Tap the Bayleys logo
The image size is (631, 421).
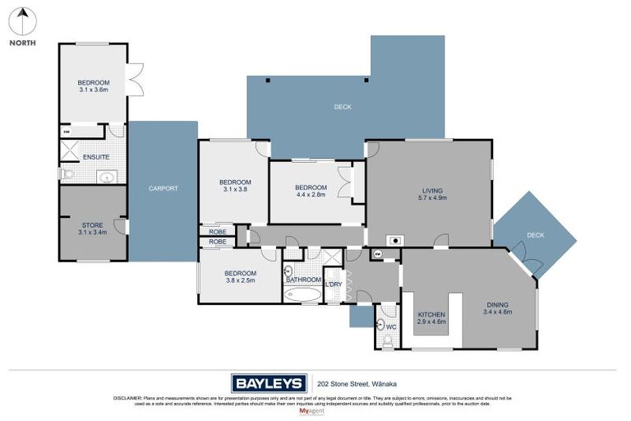point(268,382)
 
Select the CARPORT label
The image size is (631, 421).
point(163,188)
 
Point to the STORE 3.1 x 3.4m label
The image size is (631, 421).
point(92,229)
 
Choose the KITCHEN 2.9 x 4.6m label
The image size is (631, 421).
point(431,317)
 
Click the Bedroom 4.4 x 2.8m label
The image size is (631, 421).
point(311,191)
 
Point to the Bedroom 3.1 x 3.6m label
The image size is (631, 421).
point(93,86)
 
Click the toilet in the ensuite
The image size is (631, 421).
point(67,174)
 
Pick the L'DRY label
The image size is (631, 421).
point(333,285)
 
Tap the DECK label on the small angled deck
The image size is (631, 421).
point(535,235)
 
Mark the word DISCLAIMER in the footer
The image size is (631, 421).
point(127,398)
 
